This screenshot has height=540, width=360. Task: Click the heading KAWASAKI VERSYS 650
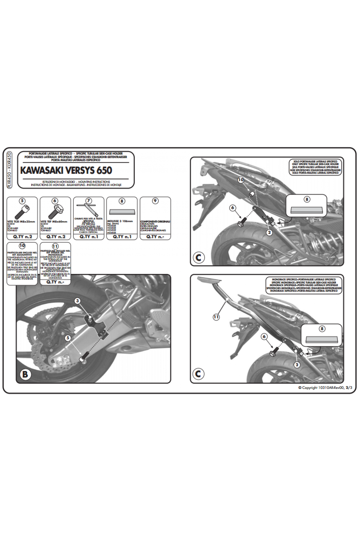(x=66, y=170)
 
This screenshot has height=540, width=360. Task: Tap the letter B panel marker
(x=25, y=374)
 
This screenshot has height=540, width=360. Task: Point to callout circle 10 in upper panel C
(x=241, y=180)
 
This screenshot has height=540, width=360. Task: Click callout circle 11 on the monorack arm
(x=216, y=316)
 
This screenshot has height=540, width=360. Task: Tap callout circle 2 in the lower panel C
(x=297, y=365)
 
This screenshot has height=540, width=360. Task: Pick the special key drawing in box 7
(x=88, y=209)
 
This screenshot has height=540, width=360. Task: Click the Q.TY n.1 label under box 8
(x=122, y=237)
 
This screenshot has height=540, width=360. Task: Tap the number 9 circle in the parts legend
(x=155, y=201)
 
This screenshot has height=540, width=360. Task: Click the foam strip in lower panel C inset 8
(x=322, y=340)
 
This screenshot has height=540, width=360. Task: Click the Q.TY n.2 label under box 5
(x=22, y=237)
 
